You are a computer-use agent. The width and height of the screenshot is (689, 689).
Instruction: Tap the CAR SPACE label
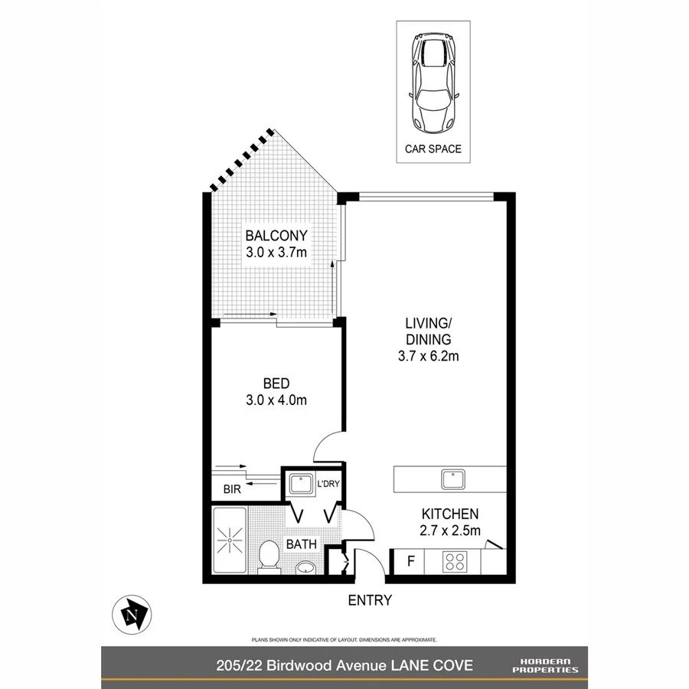pyautogui.click(x=433, y=149)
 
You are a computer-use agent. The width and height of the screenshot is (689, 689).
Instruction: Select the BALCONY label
pyautogui.click(x=276, y=236)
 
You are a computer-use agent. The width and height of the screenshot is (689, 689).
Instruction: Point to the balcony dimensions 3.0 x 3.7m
pyautogui.click(x=276, y=252)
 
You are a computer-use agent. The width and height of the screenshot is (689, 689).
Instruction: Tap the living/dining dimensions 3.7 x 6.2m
pyautogui.click(x=428, y=355)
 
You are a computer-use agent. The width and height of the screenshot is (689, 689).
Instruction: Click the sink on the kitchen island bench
pyautogui.click(x=452, y=480)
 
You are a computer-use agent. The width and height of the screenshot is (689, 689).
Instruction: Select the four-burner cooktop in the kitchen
pyautogui.click(x=456, y=562)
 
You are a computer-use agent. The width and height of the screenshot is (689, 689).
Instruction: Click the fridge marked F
pyautogui.click(x=410, y=562)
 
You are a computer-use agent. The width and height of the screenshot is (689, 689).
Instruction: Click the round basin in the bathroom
pyautogui.click(x=305, y=568)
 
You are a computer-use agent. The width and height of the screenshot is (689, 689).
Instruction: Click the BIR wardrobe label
pyautogui.click(x=232, y=489)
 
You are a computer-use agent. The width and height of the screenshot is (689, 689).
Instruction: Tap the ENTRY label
pyautogui.click(x=370, y=601)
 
